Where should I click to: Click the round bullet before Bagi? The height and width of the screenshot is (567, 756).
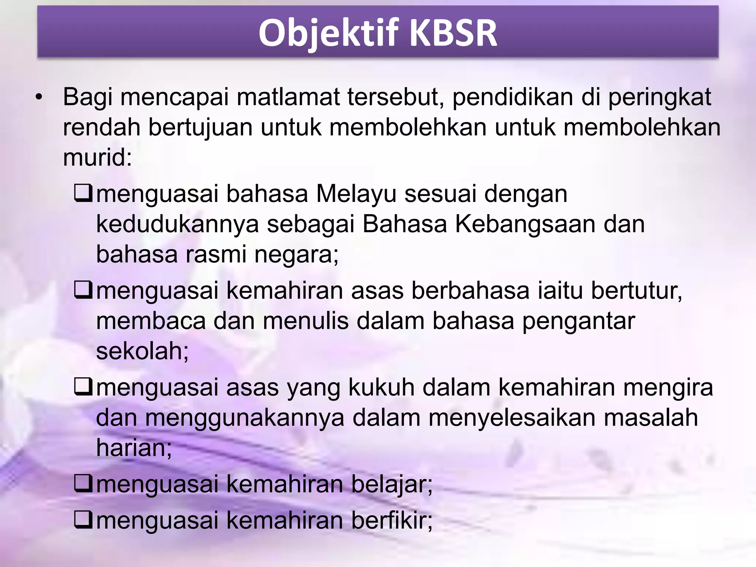(x=39, y=98)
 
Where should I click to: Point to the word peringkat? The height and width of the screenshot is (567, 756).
(x=659, y=98)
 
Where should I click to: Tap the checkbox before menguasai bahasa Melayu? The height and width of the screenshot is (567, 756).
(x=83, y=193)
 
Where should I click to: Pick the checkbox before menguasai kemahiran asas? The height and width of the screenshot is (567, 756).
(x=83, y=290)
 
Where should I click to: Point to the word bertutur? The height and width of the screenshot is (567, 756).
(x=636, y=291)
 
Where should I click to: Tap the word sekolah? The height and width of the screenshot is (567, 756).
(x=142, y=351)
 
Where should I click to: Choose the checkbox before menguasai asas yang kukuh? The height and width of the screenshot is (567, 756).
(x=83, y=388)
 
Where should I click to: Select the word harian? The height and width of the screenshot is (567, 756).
(x=134, y=448)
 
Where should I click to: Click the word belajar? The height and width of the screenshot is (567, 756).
(x=392, y=484)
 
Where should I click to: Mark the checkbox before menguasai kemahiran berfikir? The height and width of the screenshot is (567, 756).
(x=83, y=520)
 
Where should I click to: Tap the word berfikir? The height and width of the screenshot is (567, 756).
(x=392, y=520)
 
